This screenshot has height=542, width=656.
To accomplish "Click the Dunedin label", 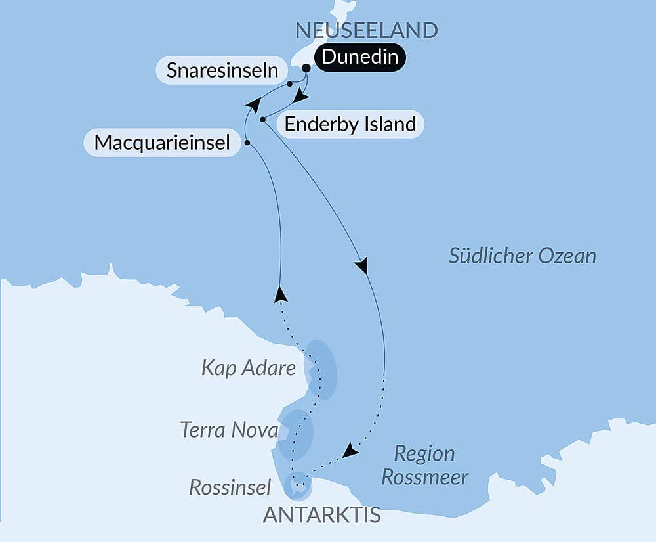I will pyautogui.click(x=360, y=57).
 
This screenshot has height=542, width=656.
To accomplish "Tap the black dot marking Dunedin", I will pyautogui.click(x=306, y=67).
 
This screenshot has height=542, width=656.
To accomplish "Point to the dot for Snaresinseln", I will pyautogui.click(x=289, y=83).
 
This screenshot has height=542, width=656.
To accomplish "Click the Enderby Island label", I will pyautogui.click(x=350, y=124).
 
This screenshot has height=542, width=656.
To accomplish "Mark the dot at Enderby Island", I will pyautogui.click(x=262, y=120).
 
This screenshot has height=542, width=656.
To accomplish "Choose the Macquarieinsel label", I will pyautogui.click(x=162, y=142).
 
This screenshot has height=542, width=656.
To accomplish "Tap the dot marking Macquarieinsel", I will pyautogui.click(x=247, y=142).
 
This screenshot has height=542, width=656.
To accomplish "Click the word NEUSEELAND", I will pyautogui.click(x=366, y=30).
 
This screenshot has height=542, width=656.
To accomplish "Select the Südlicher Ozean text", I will pyautogui.click(x=522, y=256).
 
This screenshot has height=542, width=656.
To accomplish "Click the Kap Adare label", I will pyautogui.click(x=249, y=368).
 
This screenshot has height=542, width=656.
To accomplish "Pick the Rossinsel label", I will pyautogui.click(x=230, y=487).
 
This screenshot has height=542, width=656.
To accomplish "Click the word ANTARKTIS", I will pyautogui.click(x=321, y=515).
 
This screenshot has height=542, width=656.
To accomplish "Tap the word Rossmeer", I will pyautogui.click(x=424, y=477).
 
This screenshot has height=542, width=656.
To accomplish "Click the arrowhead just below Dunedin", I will pyautogui.click(x=301, y=97).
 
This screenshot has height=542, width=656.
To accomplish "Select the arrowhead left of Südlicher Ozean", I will pyautogui.click(x=361, y=266).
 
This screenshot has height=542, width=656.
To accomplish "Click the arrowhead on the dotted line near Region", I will pyautogui.click(x=351, y=451).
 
